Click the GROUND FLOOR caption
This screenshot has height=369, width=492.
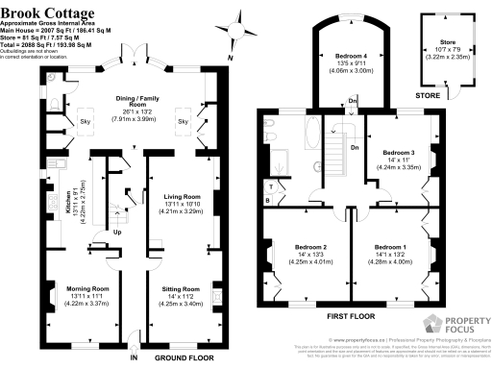tap(175, 357)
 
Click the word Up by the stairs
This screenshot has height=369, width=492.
tap(118, 232)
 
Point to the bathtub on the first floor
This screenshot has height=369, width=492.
tap(314, 132)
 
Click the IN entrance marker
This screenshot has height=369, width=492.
tap(134, 357)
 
